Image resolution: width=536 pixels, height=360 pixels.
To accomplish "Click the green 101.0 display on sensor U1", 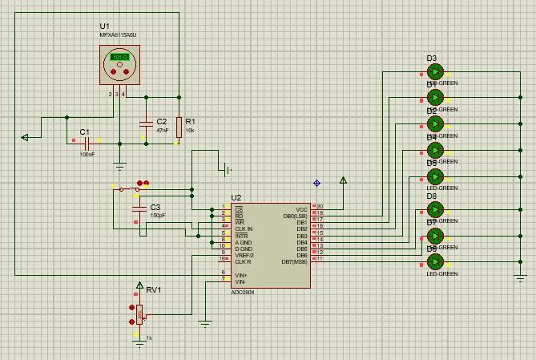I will (119, 58).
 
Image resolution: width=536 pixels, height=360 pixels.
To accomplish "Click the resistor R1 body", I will (179, 126).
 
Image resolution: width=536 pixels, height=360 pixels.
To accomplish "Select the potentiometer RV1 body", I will (139, 313).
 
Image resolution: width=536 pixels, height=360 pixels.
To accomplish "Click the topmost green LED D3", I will (435, 71).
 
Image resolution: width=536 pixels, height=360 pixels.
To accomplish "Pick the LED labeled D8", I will (435, 210).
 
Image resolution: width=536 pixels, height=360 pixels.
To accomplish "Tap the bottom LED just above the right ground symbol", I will (435, 261).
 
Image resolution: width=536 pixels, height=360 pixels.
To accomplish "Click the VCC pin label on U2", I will (302, 208).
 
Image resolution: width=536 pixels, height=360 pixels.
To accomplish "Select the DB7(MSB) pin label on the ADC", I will (294, 261).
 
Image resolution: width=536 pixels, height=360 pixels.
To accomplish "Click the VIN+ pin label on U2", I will (241, 274).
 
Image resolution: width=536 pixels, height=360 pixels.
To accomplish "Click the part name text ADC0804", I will (244, 292).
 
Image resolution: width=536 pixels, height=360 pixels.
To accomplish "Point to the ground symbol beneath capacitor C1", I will (119, 166).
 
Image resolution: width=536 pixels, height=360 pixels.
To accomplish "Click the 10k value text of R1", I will (190, 130).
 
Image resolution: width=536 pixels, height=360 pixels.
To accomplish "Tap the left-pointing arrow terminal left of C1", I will (25, 137).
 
